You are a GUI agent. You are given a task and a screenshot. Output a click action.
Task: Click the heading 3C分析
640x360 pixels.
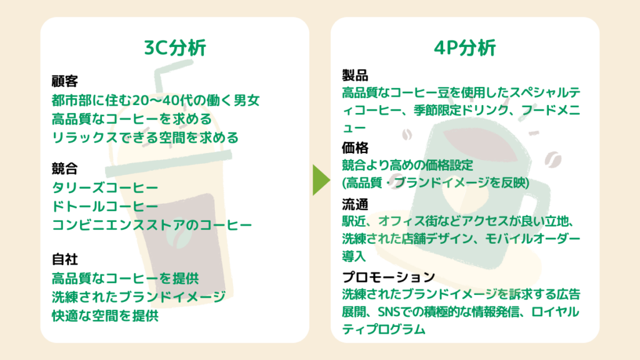pyautogui.click(x=174, y=48)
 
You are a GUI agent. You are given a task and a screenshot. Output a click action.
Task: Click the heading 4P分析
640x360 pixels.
pyautogui.click(x=464, y=48)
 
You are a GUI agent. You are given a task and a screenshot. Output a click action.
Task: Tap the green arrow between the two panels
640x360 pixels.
pyautogui.click(x=321, y=179)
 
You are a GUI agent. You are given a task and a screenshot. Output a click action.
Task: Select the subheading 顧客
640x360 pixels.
pyautogui.click(x=64, y=82)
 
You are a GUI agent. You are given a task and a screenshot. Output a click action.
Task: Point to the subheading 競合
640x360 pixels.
pyautogui.click(x=64, y=169)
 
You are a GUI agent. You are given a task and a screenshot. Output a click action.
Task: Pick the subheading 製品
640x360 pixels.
pyautogui.click(x=354, y=76)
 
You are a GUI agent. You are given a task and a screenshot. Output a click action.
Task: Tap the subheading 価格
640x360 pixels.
pyautogui.click(x=354, y=148)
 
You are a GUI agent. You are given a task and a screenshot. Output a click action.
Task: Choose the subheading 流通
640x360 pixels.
pyautogui.click(x=354, y=204)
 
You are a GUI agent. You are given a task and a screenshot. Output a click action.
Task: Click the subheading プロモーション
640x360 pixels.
pyautogui.click(x=388, y=277)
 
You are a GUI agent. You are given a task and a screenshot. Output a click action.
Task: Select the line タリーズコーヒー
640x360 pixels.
pyautogui.click(x=105, y=187)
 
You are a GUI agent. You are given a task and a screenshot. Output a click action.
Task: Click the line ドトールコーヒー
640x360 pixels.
pyautogui.click(x=105, y=206)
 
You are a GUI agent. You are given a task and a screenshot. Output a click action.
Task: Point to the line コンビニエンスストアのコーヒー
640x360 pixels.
pyautogui.click(x=152, y=224)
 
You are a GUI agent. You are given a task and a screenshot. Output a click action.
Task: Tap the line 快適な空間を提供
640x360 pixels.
pyautogui.click(x=105, y=316)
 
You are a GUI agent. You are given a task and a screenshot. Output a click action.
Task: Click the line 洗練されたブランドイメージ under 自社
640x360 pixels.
pyautogui.click(x=138, y=297)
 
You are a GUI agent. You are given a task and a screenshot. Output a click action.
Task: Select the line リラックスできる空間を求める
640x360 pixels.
pyautogui.click(x=145, y=137)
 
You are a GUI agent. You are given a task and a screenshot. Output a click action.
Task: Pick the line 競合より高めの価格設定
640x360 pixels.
pyautogui.click(x=407, y=166)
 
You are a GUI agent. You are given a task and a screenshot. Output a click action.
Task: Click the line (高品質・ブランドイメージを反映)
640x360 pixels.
pyautogui.click(x=436, y=183)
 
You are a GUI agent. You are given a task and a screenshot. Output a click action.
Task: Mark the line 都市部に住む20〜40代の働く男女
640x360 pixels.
pyautogui.click(x=156, y=101)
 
